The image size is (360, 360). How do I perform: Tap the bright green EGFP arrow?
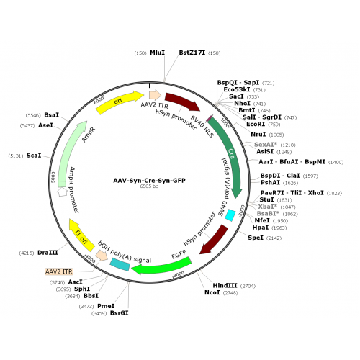tap(163, 267)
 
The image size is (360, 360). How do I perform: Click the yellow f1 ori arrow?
tap(81, 235)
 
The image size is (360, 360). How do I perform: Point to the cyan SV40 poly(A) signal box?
tap(230, 215)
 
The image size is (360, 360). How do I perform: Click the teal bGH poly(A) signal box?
tap(120, 264)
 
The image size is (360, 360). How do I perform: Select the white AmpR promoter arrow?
tap(63, 192)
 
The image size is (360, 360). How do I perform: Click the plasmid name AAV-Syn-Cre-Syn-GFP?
tap(149, 181)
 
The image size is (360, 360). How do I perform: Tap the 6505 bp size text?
tap(149, 186)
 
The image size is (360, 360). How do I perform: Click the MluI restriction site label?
tap(157, 53)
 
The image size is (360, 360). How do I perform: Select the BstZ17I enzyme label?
tap(192, 53)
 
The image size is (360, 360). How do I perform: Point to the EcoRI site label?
tap(256, 124)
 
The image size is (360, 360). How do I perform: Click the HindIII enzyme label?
tap(225, 286)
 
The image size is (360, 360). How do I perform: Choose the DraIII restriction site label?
tap(48, 253)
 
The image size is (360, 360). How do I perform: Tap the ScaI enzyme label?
tap(34, 156)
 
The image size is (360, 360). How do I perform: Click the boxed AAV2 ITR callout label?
tap(59, 271)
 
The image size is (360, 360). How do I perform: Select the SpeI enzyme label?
tap(256, 238)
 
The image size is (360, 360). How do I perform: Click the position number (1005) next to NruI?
tap(276, 135)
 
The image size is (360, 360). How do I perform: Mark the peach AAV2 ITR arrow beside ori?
tap(155, 95)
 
